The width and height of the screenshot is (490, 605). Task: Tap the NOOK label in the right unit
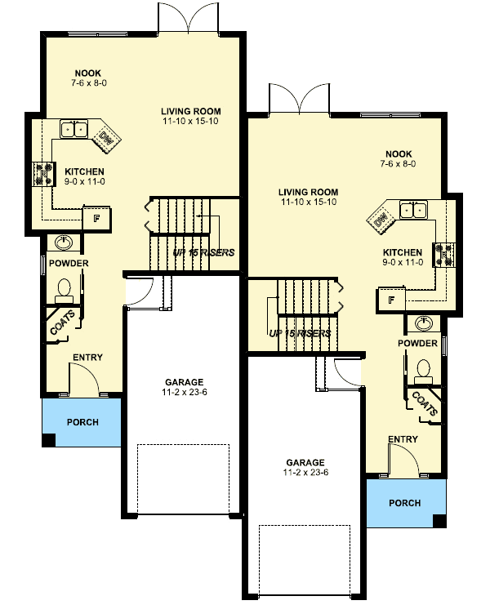pos(398,153)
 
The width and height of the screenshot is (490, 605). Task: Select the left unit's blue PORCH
pos(82,422)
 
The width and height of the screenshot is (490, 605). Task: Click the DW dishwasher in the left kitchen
pos(106,140)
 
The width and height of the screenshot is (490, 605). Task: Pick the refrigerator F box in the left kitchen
pos(96,218)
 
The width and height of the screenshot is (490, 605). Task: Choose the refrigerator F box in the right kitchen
pos(391,300)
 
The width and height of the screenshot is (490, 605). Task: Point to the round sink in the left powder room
pos(63,243)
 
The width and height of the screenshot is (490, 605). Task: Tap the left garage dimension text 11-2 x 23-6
pos(184,392)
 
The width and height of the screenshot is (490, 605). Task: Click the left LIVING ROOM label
pos(190,111)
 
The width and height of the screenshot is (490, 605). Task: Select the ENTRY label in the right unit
pos(403,439)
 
